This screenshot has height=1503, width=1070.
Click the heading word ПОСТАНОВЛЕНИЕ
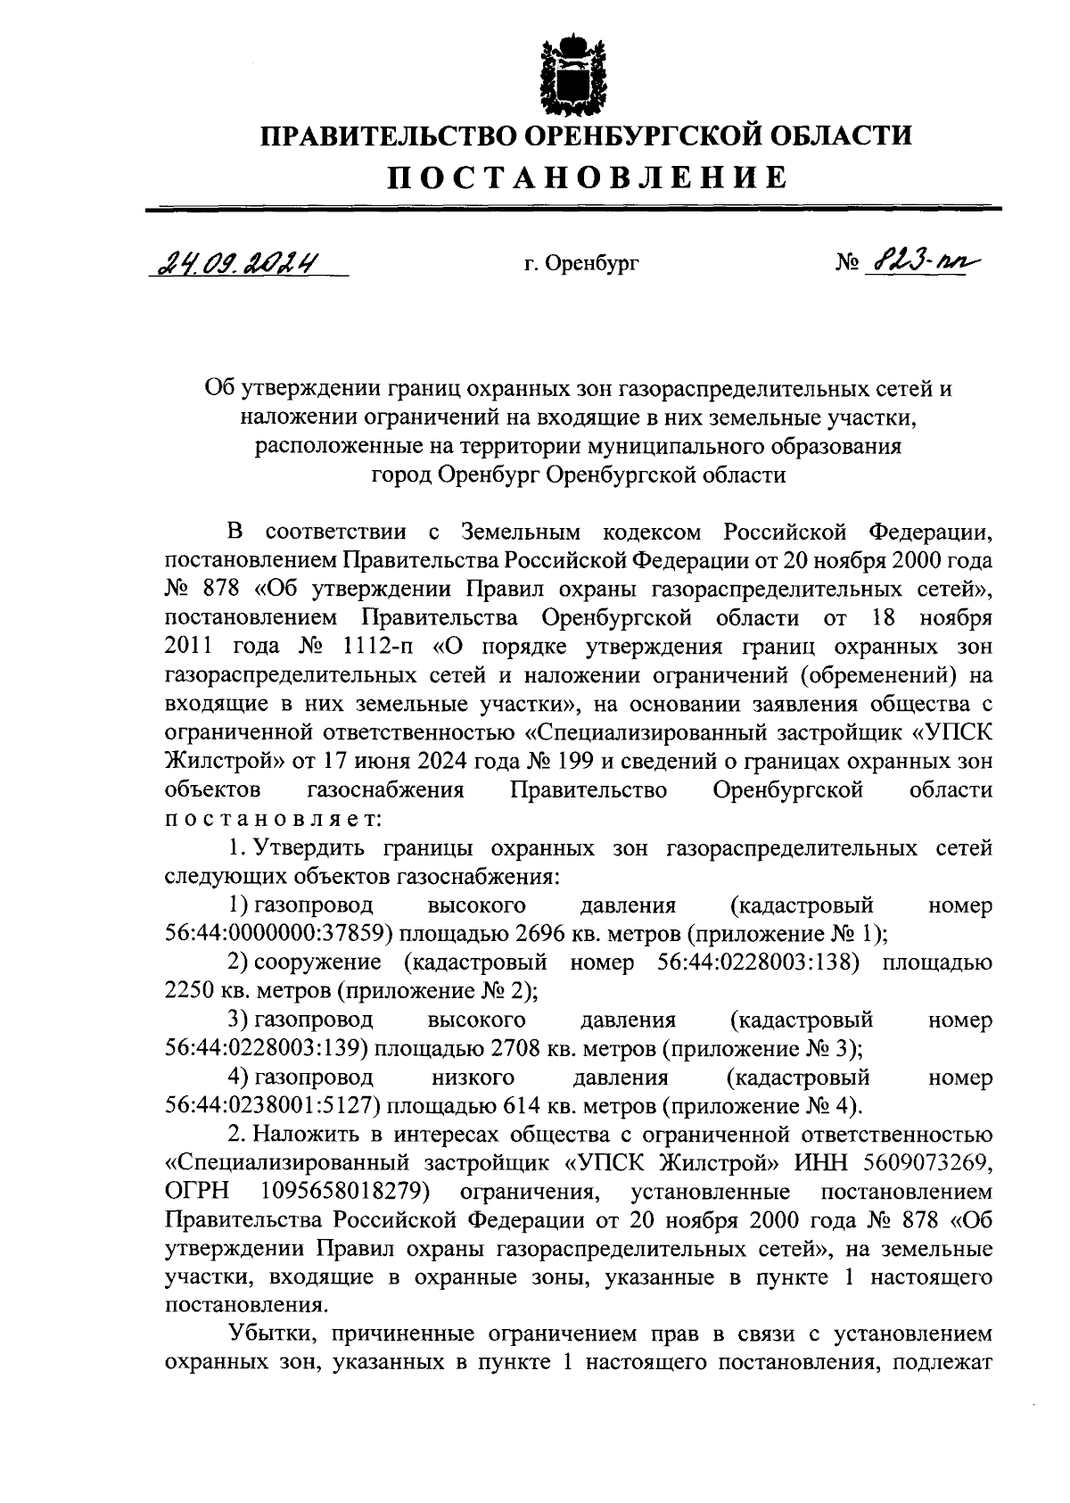(x=587, y=178)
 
